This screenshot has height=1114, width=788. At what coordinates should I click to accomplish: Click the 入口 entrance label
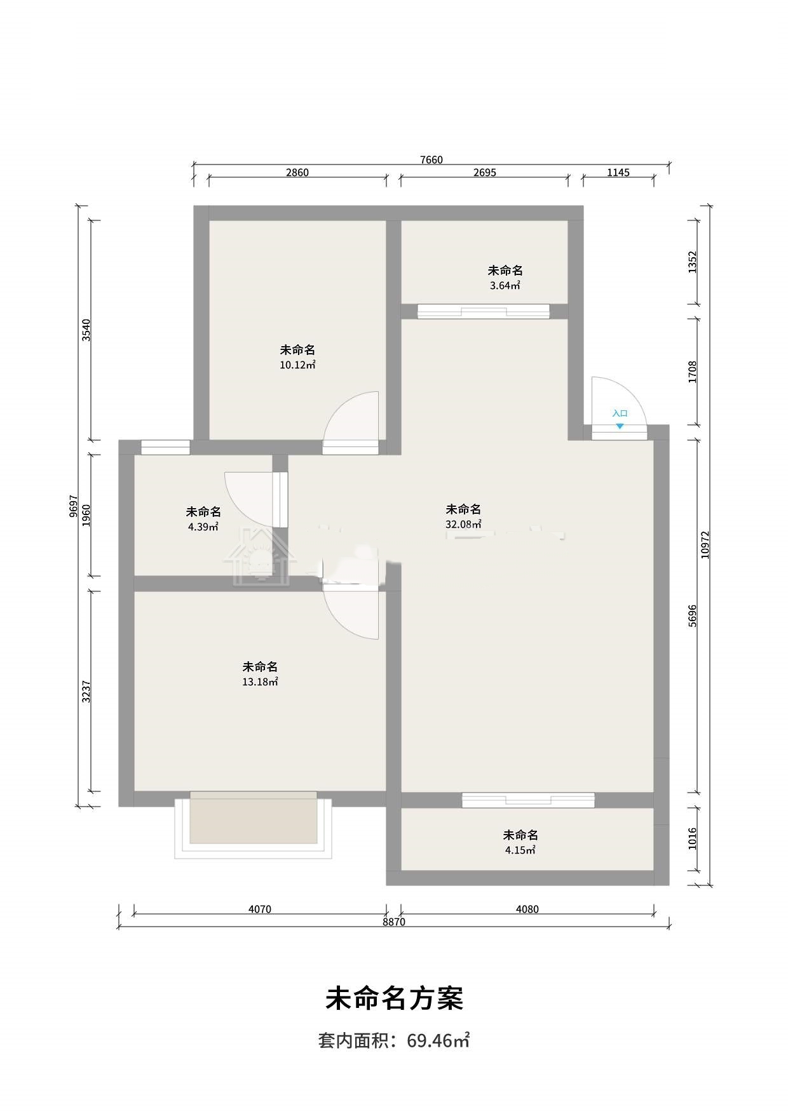(x=620, y=413)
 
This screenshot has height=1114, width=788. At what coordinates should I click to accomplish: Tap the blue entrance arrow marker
(x=620, y=427)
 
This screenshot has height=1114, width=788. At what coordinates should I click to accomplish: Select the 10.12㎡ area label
(x=298, y=365)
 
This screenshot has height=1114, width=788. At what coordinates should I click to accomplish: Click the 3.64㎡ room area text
(x=505, y=286)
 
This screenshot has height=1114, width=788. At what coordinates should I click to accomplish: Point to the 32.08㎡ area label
(x=463, y=525)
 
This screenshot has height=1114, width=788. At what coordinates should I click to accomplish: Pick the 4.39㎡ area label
(x=203, y=527)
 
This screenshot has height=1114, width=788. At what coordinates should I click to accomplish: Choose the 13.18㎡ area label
(x=260, y=682)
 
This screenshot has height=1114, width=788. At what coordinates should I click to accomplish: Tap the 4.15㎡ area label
(x=520, y=850)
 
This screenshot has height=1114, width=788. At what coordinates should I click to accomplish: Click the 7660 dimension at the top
(x=431, y=160)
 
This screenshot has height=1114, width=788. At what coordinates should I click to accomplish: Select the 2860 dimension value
(x=297, y=173)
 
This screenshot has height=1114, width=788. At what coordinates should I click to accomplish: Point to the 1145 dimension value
(x=618, y=173)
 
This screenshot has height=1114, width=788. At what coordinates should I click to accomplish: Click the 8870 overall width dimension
(x=394, y=922)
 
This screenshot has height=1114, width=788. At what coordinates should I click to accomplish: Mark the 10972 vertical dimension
(x=705, y=545)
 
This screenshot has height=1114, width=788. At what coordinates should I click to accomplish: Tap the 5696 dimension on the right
(x=693, y=616)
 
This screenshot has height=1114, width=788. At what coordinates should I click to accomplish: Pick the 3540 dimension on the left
(x=86, y=330)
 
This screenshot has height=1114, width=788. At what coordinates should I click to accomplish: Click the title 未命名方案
(x=394, y=999)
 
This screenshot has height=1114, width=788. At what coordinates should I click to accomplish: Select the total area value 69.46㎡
(x=438, y=1041)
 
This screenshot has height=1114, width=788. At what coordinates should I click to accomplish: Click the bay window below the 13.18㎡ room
(x=254, y=825)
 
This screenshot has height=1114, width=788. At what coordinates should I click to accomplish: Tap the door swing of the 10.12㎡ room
(x=351, y=416)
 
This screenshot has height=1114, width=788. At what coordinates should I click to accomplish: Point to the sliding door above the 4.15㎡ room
(x=528, y=800)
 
